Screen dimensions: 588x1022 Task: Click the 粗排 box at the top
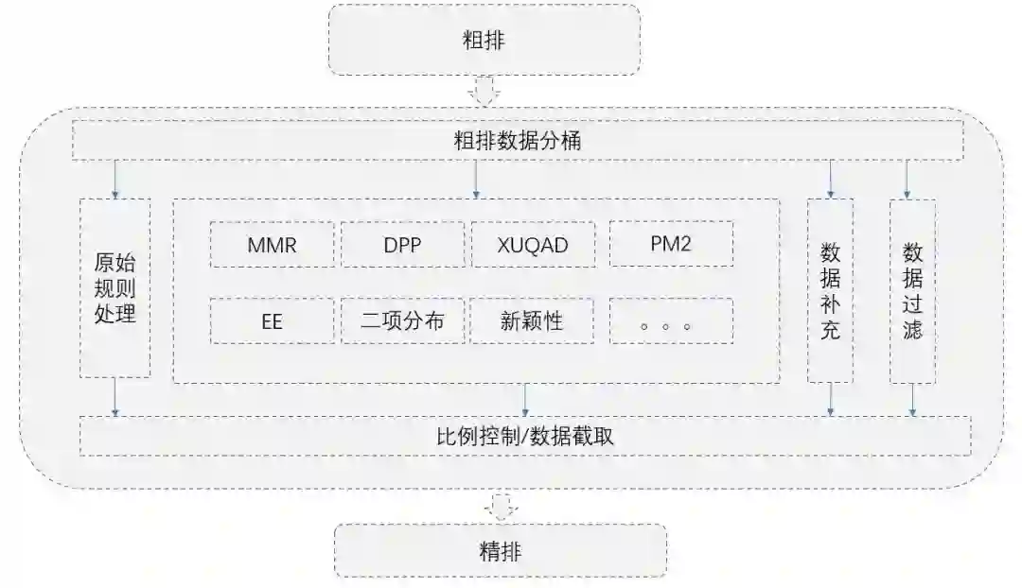(x=484, y=40)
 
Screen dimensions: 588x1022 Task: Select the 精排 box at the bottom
(x=501, y=550)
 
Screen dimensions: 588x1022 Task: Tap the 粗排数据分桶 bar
(x=518, y=143)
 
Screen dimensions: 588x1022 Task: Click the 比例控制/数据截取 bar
(x=525, y=436)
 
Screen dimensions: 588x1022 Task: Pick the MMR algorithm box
(x=272, y=245)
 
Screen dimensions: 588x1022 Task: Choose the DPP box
(x=403, y=245)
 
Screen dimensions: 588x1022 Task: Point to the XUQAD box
(x=533, y=245)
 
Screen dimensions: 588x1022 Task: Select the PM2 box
(x=671, y=245)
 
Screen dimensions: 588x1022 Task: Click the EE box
(x=272, y=321)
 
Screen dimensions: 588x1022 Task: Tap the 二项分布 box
(x=403, y=321)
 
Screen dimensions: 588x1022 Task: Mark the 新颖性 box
(x=533, y=321)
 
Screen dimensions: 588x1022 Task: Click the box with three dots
(x=671, y=321)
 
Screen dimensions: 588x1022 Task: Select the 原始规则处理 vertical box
(x=115, y=287)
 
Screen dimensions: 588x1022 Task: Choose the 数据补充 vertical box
(x=830, y=289)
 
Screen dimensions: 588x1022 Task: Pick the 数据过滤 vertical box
(x=912, y=289)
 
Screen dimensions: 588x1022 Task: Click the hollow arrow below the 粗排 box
(x=485, y=92)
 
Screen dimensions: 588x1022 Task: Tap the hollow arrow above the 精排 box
(x=500, y=507)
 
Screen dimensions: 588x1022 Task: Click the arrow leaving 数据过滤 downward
(x=912, y=399)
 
